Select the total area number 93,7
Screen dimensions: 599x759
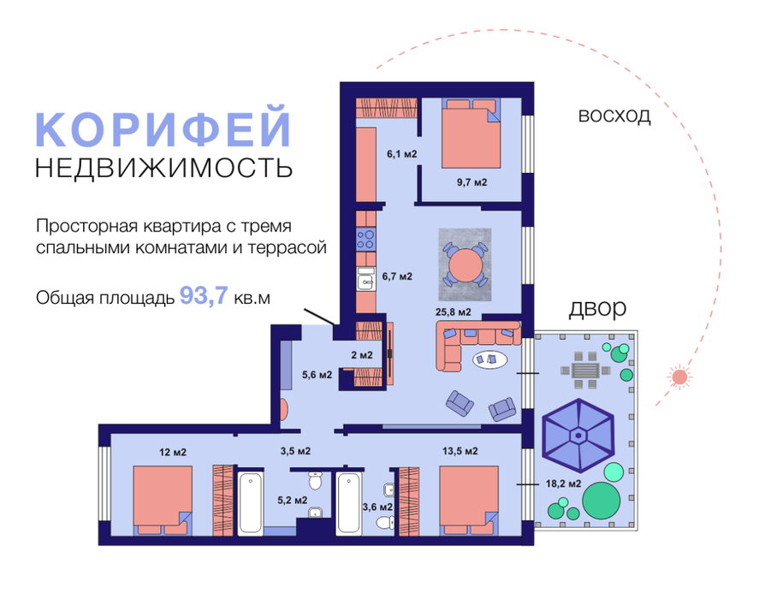[x=204, y=297]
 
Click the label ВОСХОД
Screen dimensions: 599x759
[x=614, y=116]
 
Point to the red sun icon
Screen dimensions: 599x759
[x=679, y=377]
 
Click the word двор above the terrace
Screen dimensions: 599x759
[x=597, y=307]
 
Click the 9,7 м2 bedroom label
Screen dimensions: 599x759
[x=471, y=181]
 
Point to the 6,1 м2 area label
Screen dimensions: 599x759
[x=401, y=155]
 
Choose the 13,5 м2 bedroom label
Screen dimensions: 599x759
[x=460, y=451]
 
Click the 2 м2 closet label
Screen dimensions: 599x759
[x=363, y=355]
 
